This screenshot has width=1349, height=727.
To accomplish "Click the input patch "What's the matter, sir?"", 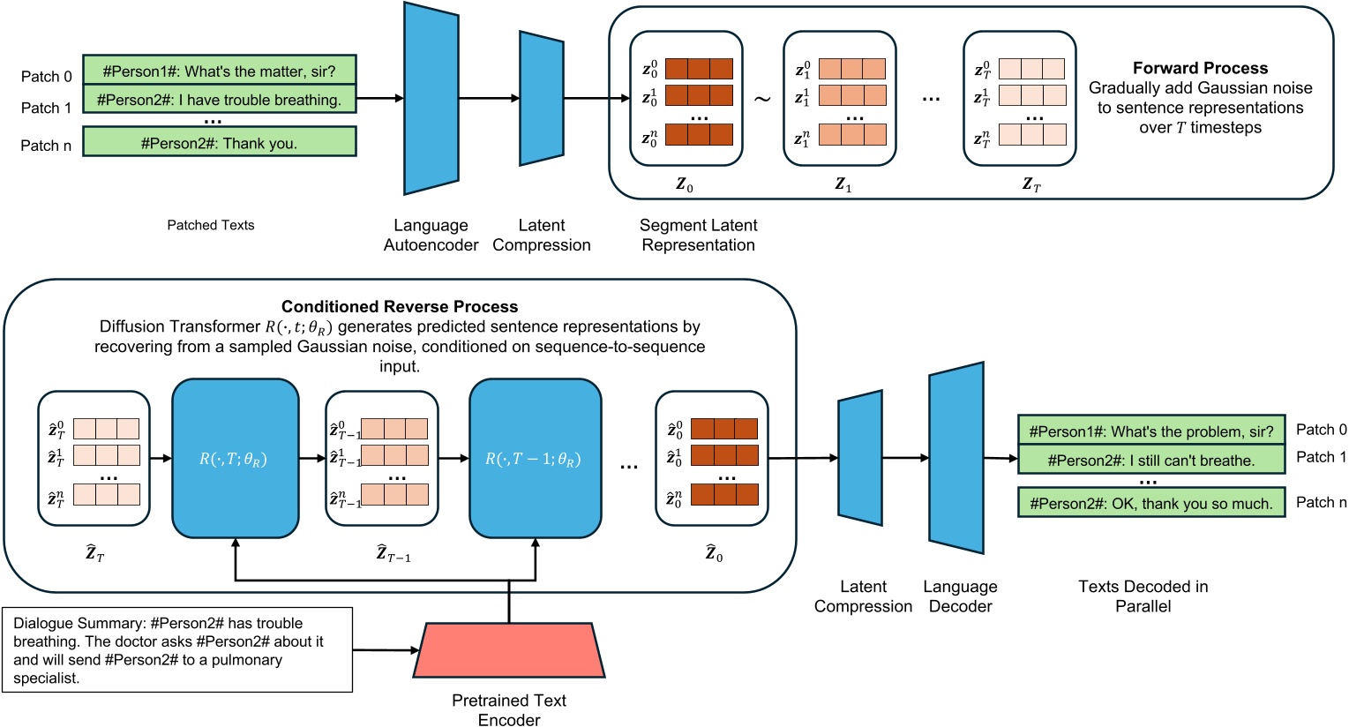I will click(x=219, y=71).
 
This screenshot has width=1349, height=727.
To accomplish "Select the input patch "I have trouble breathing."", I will click(x=219, y=100).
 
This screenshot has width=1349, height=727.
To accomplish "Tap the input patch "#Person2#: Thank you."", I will click(x=219, y=143).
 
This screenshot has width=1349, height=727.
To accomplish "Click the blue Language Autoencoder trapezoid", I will click(x=431, y=98).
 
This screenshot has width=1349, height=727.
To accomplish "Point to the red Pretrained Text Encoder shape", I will click(x=509, y=650).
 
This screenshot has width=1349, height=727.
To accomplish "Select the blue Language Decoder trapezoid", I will click(x=956, y=458).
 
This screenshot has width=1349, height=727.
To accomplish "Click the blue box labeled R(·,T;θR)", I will click(x=235, y=459).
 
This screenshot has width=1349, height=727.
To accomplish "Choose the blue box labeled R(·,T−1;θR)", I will click(x=535, y=459).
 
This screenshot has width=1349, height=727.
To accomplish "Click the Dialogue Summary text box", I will click(x=177, y=650).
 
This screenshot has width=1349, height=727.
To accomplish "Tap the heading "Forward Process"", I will click(x=1200, y=68).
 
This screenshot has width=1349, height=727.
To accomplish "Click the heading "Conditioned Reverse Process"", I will click(x=400, y=306).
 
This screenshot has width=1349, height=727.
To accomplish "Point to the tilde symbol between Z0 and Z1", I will click(x=761, y=98).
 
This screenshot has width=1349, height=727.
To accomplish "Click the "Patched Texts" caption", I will click(x=211, y=225).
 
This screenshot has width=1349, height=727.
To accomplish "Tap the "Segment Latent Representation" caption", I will click(x=698, y=235).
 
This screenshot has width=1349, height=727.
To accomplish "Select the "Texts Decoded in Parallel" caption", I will click(x=1143, y=596).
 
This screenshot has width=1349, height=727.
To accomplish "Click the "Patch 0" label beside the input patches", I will click(x=46, y=77).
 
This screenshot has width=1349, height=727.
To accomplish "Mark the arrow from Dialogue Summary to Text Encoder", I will click(x=386, y=650).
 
